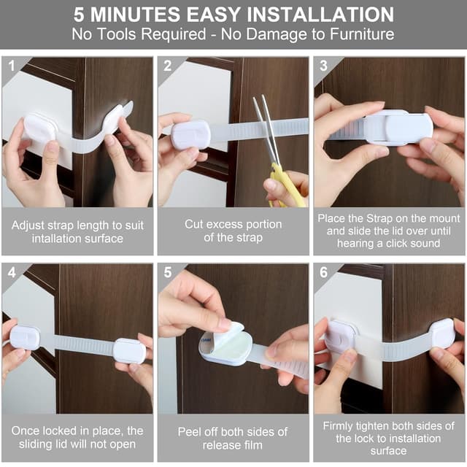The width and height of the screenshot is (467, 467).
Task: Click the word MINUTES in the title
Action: pyautogui.click(x=135, y=15)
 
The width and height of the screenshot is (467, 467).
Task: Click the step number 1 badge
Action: pyautogui.click(x=12, y=66)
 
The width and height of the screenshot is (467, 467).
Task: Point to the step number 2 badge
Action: pyautogui.click(x=167, y=66)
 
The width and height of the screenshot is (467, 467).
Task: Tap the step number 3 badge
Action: pyautogui.click(x=323, y=66)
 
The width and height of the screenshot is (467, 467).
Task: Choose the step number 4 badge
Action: pyautogui.click(x=12, y=272)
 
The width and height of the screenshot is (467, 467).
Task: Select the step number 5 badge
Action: pyautogui.click(x=168, y=272)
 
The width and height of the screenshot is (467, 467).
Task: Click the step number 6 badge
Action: pyautogui.click(x=323, y=272)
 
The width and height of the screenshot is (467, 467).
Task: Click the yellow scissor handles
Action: pyautogui.click(x=286, y=186)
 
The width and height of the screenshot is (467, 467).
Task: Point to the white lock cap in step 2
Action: pyautogui.click(x=190, y=134)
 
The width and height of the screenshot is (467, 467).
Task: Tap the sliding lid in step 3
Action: pyautogui.click(x=408, y=128)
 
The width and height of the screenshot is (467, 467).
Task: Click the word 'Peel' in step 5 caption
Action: pyautogui.click(x=190, y=431)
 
